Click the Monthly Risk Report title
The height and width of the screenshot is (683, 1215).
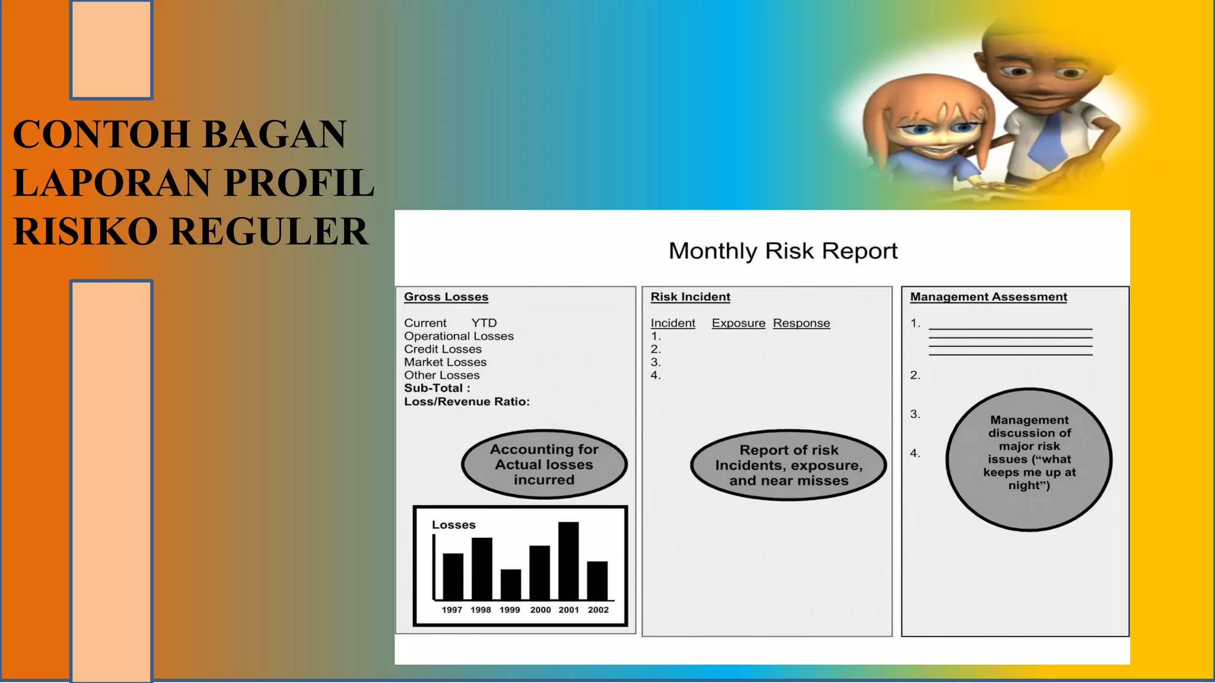pyautogui.click(x=783, y=251)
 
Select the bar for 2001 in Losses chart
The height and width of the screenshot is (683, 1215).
pyautogui.click(x=568, y=561)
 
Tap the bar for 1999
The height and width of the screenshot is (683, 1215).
pyautogui.click(x=511, y=585)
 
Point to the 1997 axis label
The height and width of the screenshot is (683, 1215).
pyautogui.click(x=451, y=610)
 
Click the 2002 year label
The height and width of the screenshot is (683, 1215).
pyautogui.click(x=598, y=610)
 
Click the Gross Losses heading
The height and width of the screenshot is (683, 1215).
pyautogui.click(x=446, y=297)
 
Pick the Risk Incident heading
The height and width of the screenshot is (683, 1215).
pyautogui.click(x=690, y=297)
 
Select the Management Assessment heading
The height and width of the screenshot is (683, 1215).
pyautogui.click(x=988, y=297)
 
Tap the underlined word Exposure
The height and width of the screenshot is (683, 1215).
pyautogui.click(x=739, y=323)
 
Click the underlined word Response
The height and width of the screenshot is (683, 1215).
pyautogui.click(x=801, y=323)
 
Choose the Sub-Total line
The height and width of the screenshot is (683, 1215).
pyautogui.click(x=437, y=388)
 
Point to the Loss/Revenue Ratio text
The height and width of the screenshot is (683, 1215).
pyautogui.click(x=467, y=402)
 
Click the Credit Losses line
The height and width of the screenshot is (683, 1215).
pyautogui.click(x=443, y=349)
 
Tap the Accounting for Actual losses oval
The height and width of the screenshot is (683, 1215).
pyautogui.click(x=544, y=464)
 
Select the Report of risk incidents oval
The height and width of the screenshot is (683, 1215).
pyautogui.click(x=788, y=465)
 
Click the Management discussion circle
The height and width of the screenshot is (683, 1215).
pyautogui.click(x=1029, y=459)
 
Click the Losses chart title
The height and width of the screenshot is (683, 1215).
pyautogui.click(x=453, y=525)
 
